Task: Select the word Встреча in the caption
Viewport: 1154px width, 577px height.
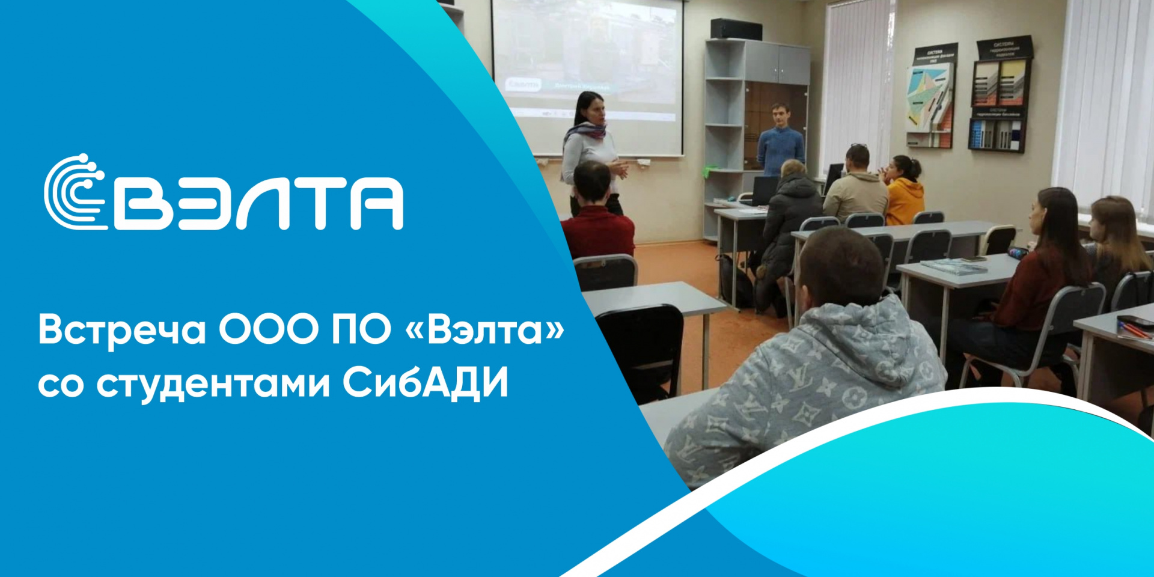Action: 122,331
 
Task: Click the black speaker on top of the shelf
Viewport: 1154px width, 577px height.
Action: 736,29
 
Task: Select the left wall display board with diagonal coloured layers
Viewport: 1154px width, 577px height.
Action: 930,96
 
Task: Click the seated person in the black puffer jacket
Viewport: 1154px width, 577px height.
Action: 791,222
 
